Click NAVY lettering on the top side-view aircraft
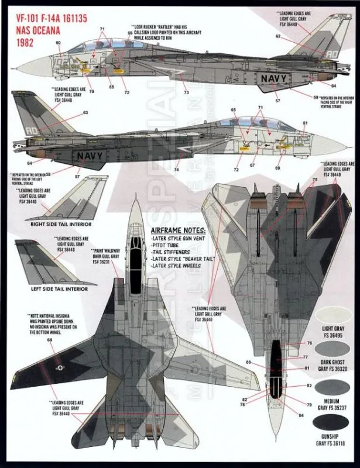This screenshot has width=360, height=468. coord(275,78)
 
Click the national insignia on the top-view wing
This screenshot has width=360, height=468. coord(60,367)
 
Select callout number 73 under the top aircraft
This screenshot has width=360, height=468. coord(186,93)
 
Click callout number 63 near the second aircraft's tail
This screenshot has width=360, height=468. coord(85,112)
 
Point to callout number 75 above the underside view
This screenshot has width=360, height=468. coord(314,180)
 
